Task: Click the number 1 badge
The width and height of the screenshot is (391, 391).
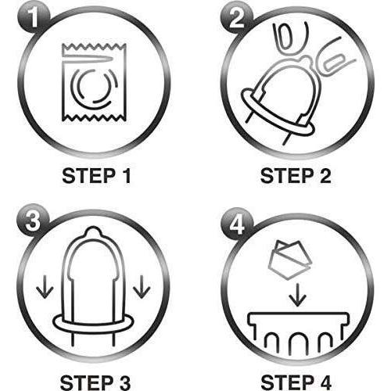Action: (34, 18)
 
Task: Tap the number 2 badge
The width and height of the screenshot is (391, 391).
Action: (237, 18)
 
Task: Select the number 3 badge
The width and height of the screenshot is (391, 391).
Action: (33, 221)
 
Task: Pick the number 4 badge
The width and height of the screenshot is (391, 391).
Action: (237, 224)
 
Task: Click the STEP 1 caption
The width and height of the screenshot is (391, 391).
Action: (96, 176)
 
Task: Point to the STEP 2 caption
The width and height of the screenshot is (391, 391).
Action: (296, 176)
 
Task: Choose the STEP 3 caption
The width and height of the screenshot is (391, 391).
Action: (95, 382)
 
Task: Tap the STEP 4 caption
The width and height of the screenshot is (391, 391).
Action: (296, 382)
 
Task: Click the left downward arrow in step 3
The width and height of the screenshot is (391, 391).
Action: (45, 287)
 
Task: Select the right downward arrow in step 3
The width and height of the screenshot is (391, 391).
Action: (142, 287)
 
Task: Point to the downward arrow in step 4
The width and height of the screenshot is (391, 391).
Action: (297, 295)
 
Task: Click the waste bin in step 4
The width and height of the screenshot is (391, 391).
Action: (298, 334)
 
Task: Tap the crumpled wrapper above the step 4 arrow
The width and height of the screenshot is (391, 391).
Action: (290, 260)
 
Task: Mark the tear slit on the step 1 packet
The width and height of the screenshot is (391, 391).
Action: (88, 59)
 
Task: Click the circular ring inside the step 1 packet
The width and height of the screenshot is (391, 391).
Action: (94, 88)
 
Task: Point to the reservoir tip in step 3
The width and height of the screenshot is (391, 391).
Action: (93, 233)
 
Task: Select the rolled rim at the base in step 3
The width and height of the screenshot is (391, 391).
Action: (93, 329)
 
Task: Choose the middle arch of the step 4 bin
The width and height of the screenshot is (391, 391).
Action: (298, 343)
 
